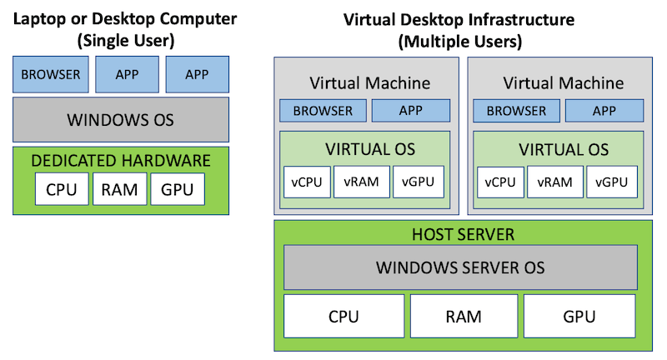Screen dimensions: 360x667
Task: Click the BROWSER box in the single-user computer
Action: pos(50,74)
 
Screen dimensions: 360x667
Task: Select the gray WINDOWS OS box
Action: pos(121,119)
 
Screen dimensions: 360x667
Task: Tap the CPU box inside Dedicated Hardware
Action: pos(62,189)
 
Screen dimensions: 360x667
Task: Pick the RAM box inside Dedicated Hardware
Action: pos(120,189)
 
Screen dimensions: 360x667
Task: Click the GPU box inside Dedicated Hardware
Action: pos(178,189)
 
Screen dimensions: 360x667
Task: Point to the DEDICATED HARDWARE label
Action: pos(121,160)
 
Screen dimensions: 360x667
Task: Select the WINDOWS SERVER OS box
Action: pos(459,267)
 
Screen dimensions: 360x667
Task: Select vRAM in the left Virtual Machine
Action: pos(363,182)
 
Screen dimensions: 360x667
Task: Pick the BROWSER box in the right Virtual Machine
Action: pos(515,111)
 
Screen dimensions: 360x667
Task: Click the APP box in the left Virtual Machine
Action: pos(411,111)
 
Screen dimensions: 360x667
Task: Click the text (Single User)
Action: pos(121,39)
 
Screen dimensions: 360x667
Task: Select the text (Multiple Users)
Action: pos(460,39)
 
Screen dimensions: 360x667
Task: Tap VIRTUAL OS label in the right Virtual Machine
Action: pos(564,151)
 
